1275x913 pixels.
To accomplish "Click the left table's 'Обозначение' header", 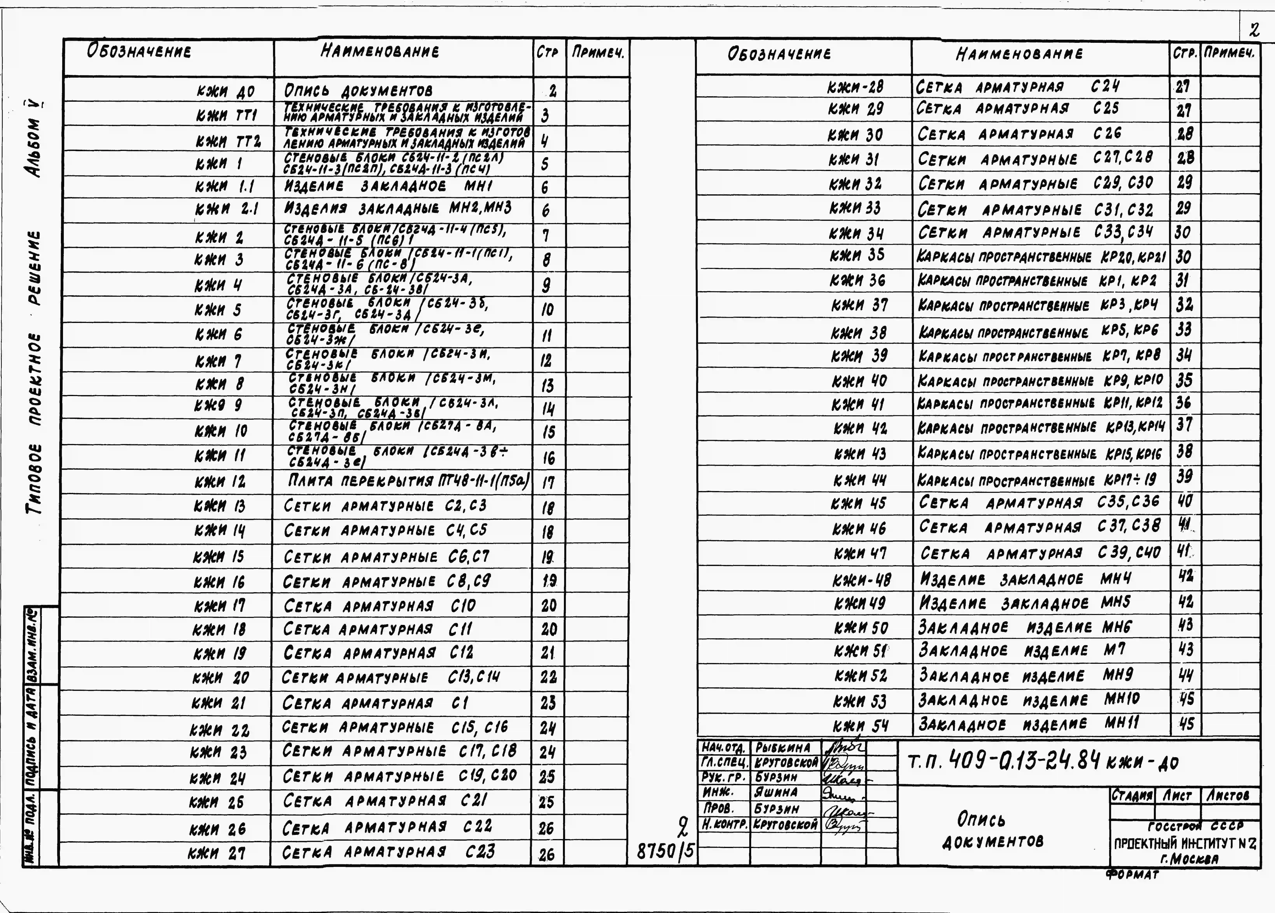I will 139,52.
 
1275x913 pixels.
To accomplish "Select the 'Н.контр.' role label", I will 724,825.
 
